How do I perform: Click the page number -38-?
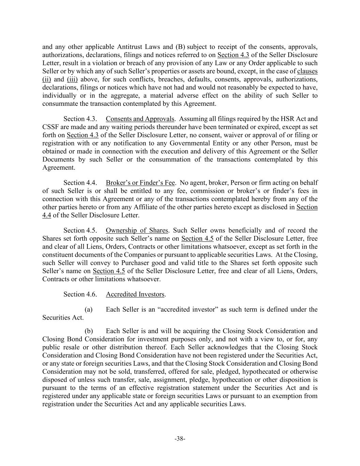pos(180,439)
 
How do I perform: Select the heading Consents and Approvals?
pos(140,119)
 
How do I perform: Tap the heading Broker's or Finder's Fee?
pos(140,183)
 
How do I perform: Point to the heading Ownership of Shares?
pos(137,230)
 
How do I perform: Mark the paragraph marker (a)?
pos(88,309)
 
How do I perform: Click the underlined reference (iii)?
pos(72,80)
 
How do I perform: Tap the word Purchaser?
pos(127,263)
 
